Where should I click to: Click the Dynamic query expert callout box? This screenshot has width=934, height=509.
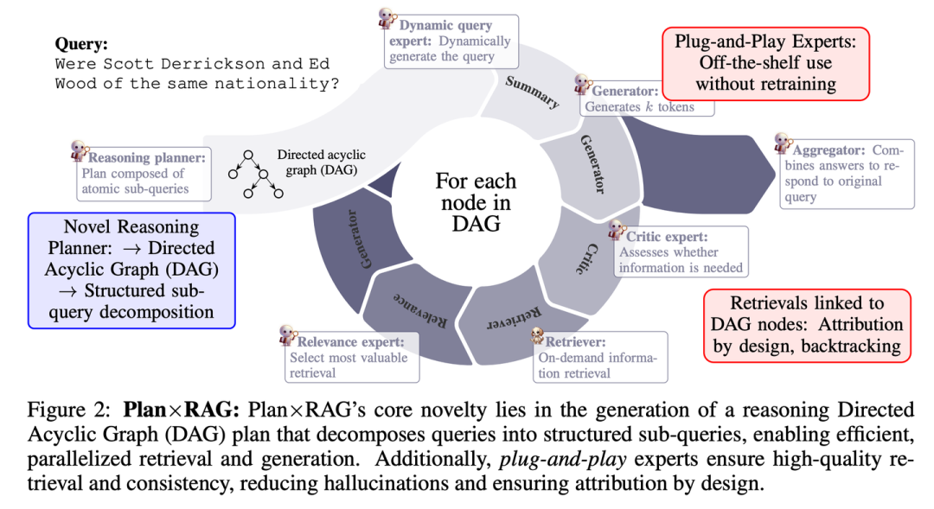(x=451, y=41)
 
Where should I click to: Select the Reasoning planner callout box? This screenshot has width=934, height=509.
(x=143, y=173)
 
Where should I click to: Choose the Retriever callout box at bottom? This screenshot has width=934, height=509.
(x=600, y=357)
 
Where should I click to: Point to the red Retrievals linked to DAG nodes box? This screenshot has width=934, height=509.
(x=806, y=324)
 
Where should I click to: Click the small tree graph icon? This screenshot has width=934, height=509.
(x=255, y=173)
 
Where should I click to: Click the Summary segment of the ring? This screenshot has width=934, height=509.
(x=530, y=92)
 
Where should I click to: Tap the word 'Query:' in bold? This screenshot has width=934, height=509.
(x=83, y=43)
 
